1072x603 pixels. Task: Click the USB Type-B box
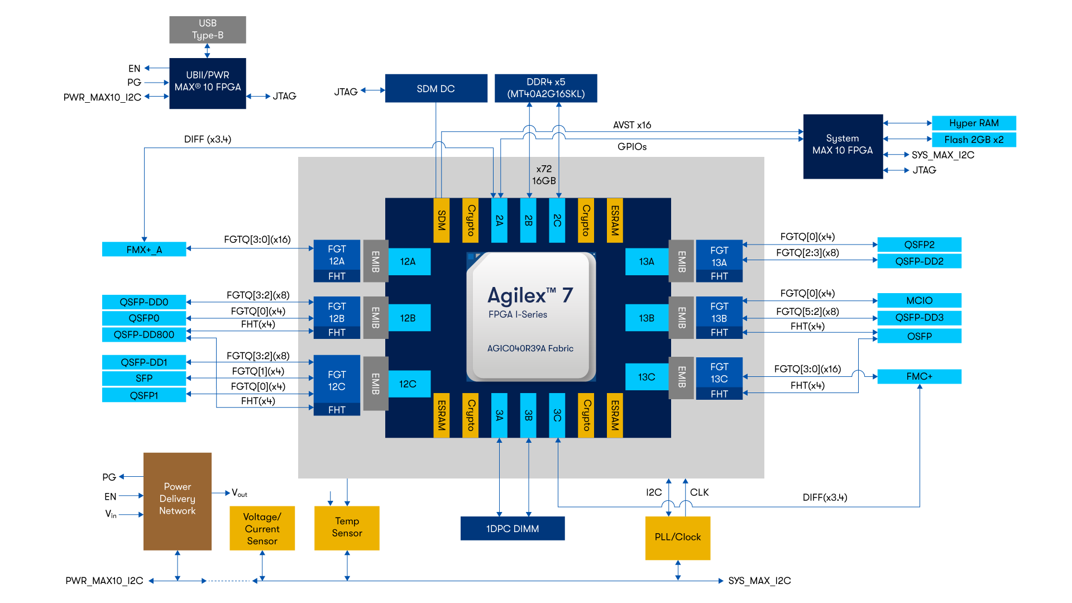207,30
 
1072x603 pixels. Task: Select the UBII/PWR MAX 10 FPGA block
207,83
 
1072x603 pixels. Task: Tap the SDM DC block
435,89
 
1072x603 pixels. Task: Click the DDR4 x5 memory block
545,88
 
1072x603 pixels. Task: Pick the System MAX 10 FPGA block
843,146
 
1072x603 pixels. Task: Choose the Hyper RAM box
973,123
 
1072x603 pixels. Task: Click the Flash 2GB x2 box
973,140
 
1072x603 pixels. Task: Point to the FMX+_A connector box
144,250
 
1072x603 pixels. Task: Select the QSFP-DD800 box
144,334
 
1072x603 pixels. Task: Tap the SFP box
144,379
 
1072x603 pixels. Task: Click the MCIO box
919,300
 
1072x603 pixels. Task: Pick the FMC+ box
919,377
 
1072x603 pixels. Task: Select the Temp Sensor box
347,528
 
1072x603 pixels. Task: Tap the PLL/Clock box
677,538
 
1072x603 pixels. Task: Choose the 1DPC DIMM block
512,529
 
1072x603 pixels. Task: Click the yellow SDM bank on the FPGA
441,221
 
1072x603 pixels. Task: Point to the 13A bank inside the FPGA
647,262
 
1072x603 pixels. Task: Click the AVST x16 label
632,125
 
